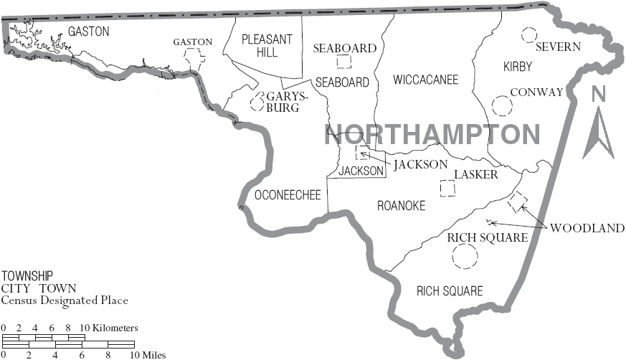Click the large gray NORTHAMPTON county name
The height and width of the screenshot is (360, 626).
432,135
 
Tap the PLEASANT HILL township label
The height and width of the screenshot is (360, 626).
267,46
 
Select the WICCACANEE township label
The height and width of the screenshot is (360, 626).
425,80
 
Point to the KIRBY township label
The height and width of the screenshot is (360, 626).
518,67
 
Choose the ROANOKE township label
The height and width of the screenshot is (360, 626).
401,206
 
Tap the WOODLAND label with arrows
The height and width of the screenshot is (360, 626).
587,228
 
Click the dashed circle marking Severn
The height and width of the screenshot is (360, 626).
529,34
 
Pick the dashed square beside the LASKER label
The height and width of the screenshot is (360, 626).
447,188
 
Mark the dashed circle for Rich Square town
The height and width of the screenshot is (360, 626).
465,256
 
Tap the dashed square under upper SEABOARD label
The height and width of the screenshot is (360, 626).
345,62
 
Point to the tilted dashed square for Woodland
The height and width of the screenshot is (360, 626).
517,201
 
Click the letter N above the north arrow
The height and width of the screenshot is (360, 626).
599,94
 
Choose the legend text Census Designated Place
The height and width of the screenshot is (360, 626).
65,300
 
